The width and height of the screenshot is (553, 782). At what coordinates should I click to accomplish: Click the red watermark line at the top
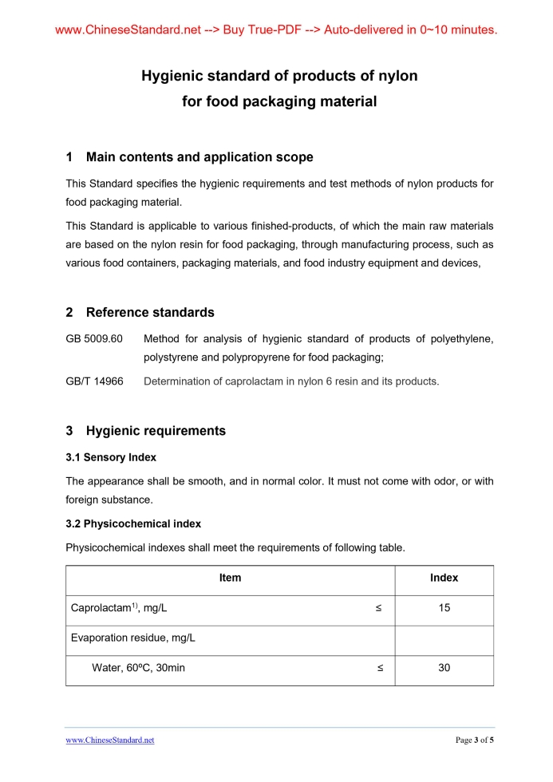click(x=276, y=30)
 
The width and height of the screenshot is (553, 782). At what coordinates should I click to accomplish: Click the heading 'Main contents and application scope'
click(x=199, y=157)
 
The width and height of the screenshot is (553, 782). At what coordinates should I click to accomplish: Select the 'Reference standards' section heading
click(x=150, y=312)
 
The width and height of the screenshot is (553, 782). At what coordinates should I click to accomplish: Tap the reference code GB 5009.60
click(x=94, y=339)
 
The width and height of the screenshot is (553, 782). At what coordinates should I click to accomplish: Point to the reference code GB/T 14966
click(x=94, y=381)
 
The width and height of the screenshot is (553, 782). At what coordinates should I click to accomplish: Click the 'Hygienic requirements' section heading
click(x=156, y=431)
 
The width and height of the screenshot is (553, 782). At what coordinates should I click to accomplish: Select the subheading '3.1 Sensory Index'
click(x=111, y=457)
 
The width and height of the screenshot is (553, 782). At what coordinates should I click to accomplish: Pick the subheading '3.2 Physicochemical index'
click(x=133, y=524)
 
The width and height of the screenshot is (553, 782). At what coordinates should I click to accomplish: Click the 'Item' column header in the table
click(x=230, y=578)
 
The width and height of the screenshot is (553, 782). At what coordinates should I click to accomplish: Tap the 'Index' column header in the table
click(x=444, y=578)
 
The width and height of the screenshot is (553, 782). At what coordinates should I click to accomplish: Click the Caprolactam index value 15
click(x=444, y=608)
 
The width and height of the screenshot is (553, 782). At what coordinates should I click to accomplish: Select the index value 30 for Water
click(x=444, y=668)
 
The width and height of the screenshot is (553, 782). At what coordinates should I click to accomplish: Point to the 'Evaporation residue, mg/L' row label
click(x=133, y=638)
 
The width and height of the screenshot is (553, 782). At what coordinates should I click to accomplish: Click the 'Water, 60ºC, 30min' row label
click(x=138, y=668)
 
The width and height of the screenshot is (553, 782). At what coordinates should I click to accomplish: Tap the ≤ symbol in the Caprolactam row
click(x=378, y=608)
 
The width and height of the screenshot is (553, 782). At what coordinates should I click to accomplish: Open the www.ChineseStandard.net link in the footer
click(x=110, y=741)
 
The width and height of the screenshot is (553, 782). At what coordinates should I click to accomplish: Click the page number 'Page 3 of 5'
click(x=475, y=741)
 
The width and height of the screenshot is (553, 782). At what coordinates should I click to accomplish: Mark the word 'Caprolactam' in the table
click(x=101, y=609)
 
